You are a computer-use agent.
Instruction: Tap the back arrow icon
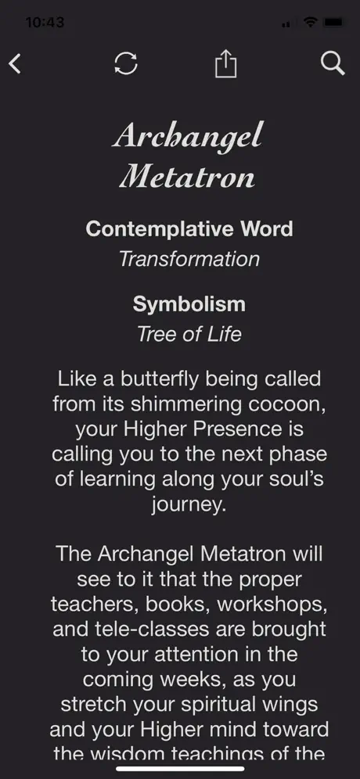tap(16, 63)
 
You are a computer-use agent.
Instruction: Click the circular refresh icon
tap(126, 63)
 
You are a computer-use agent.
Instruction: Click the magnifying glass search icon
tap(333, 63)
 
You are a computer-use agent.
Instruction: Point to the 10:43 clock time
tap(45, 23)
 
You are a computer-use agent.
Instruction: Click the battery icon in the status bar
tap(333, 23)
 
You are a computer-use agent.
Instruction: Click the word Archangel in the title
tap(187, 135)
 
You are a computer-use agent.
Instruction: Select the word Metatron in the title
tap(187, 176)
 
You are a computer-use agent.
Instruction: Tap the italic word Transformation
tap(189, 259)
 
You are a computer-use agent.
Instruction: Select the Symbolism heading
tap(189, 304)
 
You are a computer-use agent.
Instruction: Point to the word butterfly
tap(160, 379)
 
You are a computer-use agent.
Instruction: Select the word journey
tap(188, 505)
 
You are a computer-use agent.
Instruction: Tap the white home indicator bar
tap(181, 769)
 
